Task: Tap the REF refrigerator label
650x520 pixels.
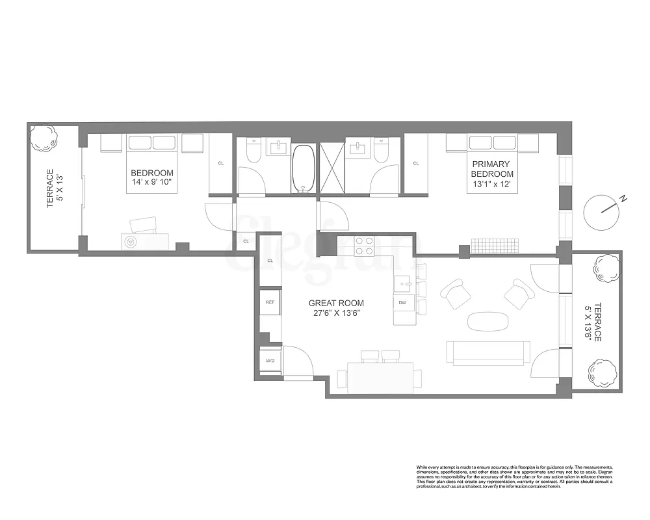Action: (x=270, y=302)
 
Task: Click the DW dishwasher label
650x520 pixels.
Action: (x=402, y=302)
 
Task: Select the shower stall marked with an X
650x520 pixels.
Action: (x=332, y=168)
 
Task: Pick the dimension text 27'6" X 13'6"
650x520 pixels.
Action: (x=335, y=313)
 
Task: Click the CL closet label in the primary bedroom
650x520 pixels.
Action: (x=415, y=163)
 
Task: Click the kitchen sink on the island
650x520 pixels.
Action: (x=403, y=282)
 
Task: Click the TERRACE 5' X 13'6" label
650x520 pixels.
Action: (x=593, y=323)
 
